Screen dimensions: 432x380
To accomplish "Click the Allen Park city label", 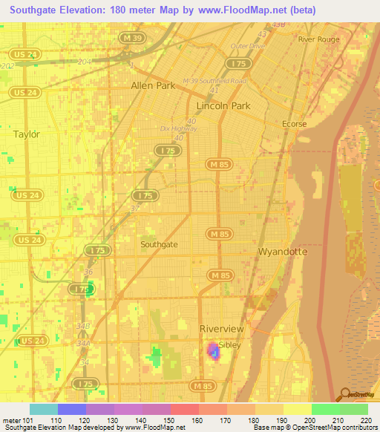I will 153,85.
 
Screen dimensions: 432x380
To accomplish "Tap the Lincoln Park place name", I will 223,106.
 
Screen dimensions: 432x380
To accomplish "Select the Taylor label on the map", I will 26,134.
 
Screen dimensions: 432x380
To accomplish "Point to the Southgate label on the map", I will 159,243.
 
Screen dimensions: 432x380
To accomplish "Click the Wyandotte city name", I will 282,252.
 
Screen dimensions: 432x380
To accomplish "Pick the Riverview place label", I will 221,329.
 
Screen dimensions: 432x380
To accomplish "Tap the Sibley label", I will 230,344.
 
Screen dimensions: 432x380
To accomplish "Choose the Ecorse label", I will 294,124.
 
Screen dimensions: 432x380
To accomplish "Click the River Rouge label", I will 318,39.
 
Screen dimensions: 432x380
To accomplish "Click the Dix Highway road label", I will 176,128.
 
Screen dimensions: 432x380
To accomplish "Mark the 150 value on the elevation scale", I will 170,420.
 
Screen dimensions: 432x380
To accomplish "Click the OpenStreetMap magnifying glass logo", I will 345,394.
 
